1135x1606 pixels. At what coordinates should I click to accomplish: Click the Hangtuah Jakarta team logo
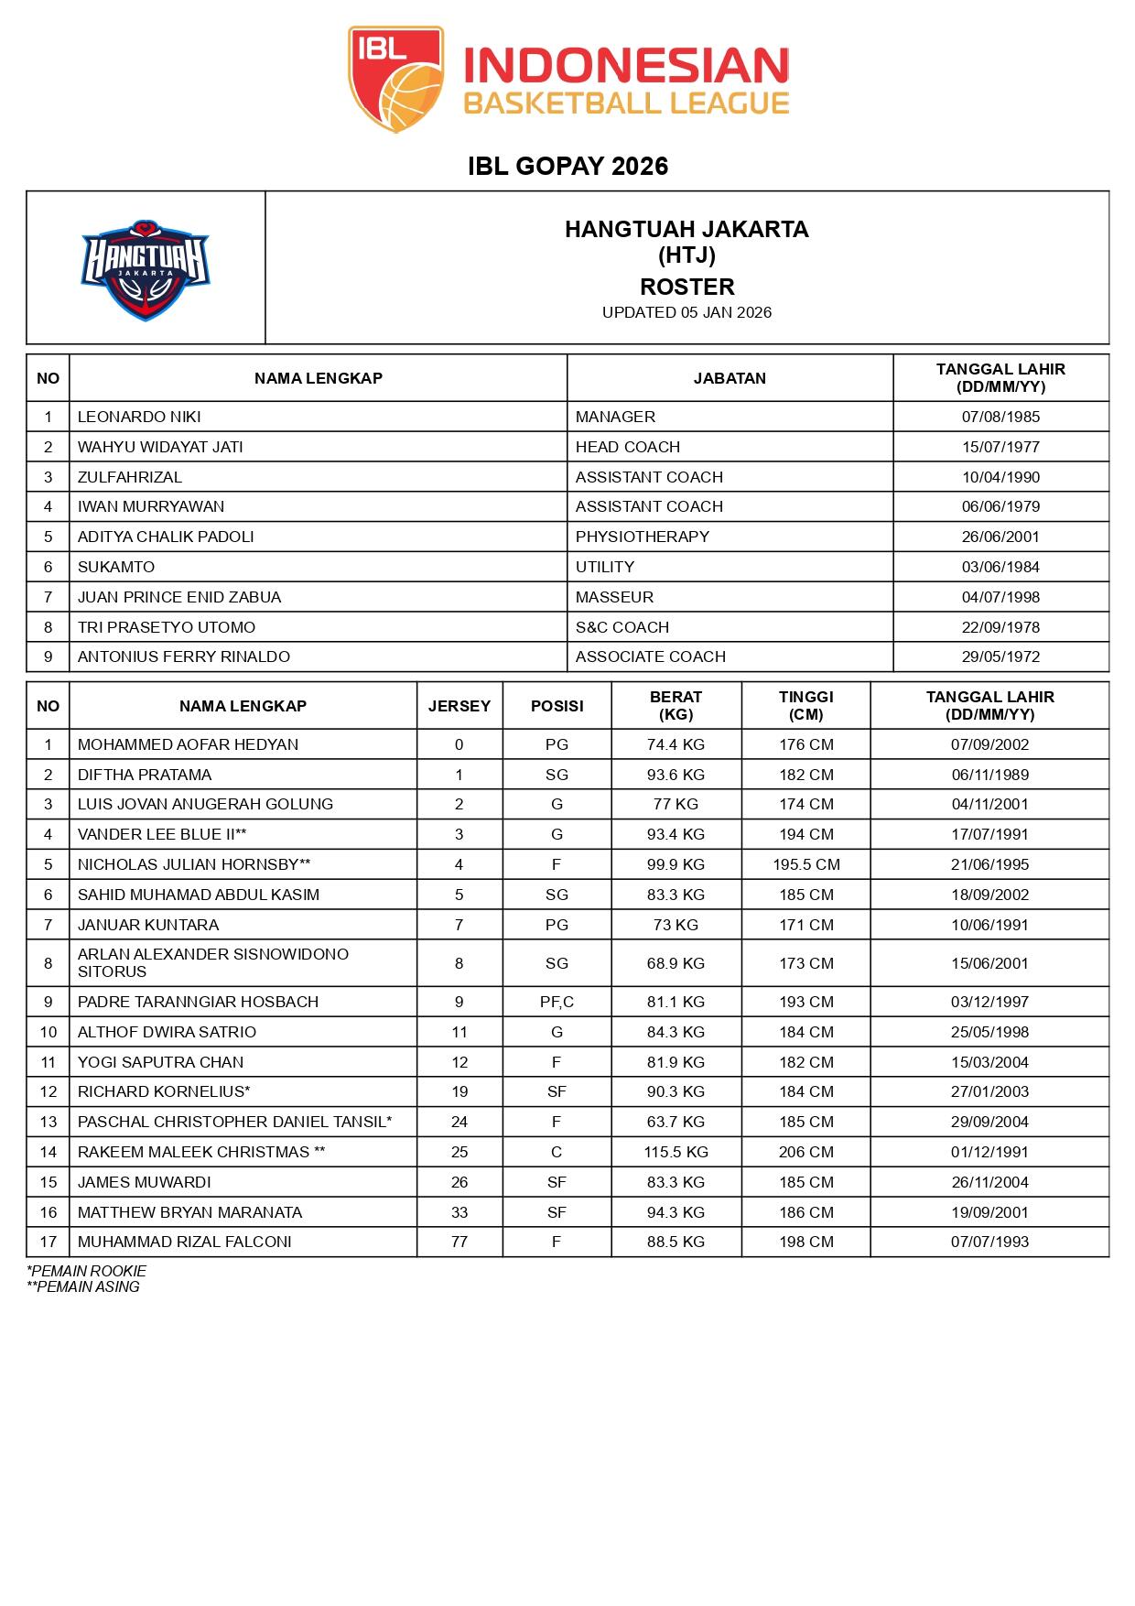[x=146, y=269]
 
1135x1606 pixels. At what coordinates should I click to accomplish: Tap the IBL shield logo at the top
[x=395, y=79]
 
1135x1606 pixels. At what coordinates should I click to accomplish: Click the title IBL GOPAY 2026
[x=567, y=166]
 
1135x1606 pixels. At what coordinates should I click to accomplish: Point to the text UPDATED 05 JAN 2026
[x=686, y=312]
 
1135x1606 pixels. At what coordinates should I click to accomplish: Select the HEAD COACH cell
[x=627, y=447]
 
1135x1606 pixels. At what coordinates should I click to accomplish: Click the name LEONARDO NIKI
[x=139, y=417]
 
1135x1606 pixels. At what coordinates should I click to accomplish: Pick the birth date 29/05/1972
[x=1000, y=657]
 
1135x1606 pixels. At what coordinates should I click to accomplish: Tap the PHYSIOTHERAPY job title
[x=642, y=537]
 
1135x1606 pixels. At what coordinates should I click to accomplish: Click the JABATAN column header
[x=730, y=378]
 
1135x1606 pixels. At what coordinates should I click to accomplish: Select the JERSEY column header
[x=459, y=706]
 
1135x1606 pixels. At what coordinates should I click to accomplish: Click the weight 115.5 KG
[x=676, y=1152]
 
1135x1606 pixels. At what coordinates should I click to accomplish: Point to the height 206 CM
[x=805, y=1152]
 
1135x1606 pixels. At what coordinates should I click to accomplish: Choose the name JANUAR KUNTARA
[x=148, y=925]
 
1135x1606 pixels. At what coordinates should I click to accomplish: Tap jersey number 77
[x=459, y=1242]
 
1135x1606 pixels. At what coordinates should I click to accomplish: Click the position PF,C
[x=557, y=1002]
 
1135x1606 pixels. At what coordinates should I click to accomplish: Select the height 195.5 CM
[x=805, y=864]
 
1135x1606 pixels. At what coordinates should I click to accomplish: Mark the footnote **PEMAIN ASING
[x=83, y=1286]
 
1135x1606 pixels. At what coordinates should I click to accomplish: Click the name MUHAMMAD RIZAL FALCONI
[x=184, y=1242]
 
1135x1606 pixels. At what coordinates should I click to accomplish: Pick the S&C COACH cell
[x=622, y=627]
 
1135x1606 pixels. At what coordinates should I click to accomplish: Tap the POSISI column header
[x=557, y=706]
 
